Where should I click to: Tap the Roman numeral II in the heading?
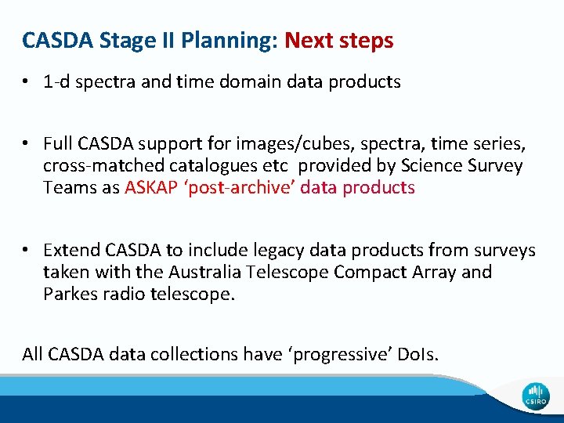pyautogui.click(x=161, y=41)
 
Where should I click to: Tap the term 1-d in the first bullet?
pyautogui.click(x=59, y=82)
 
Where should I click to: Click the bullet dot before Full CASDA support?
pyautogui.click(x=27, y=144)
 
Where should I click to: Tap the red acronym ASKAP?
pyautogui.click(x=150, y=188)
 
